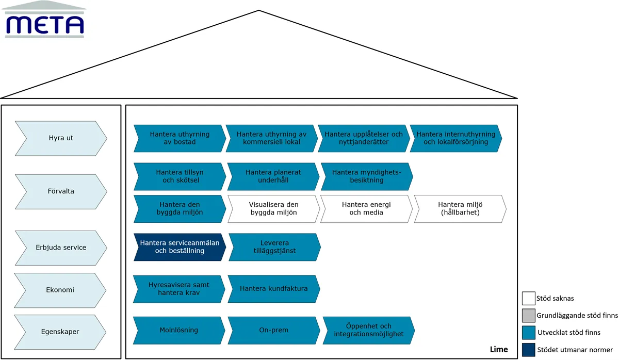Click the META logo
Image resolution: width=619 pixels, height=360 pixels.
44,19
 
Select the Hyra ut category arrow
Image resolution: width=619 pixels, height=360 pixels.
61,138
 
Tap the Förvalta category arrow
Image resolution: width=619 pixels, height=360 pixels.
61,191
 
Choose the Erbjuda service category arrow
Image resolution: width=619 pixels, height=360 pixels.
61,248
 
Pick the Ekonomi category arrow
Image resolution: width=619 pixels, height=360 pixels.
60,290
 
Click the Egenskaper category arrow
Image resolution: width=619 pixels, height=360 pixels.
60,332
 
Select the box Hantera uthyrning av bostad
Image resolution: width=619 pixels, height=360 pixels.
180,138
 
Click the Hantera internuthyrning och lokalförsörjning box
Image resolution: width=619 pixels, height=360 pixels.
455,138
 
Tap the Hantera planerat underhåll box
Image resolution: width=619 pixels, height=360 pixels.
273,176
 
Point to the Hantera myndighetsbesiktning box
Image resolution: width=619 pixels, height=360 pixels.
367,176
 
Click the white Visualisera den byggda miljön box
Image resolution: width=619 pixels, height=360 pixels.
273,208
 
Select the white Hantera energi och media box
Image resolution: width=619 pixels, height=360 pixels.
366,208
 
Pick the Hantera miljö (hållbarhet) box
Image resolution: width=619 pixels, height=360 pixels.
460,208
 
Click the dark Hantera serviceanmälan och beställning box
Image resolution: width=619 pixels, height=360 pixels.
180,247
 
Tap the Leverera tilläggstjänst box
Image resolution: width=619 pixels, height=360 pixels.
274,247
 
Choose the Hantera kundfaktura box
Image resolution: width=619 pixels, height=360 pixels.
274,289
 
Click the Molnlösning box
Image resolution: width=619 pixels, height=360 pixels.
179,330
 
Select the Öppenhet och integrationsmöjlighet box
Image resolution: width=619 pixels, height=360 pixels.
369,330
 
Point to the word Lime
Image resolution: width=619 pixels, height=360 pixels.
499,350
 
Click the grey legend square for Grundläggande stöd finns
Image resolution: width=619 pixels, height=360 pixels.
528,316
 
